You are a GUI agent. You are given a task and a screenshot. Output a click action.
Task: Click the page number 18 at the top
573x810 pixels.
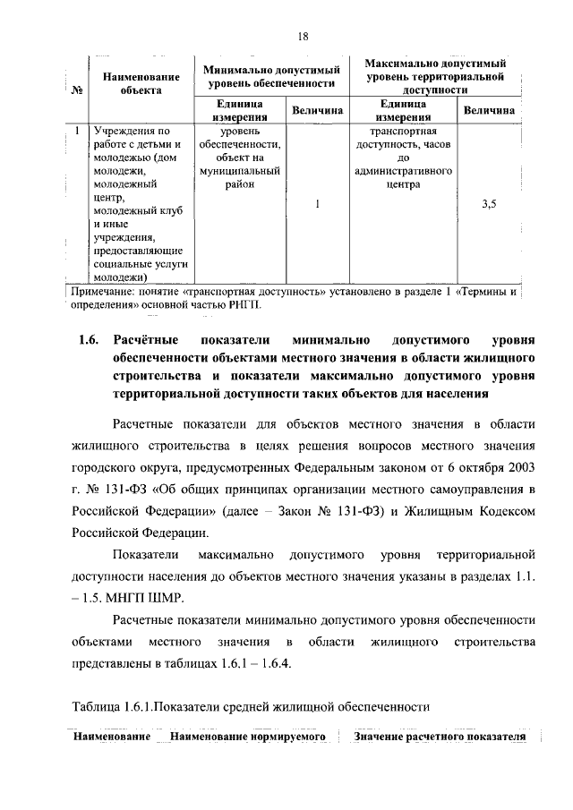point(303,36)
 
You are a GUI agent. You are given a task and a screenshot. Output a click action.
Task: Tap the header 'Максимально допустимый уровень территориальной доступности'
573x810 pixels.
point(436,76)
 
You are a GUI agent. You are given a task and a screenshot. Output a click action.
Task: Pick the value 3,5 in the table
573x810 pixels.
point(489,204)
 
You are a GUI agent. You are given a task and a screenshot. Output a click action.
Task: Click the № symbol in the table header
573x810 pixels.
point(76,90)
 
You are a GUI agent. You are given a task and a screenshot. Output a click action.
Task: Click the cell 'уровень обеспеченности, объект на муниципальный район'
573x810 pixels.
point(240,158)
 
